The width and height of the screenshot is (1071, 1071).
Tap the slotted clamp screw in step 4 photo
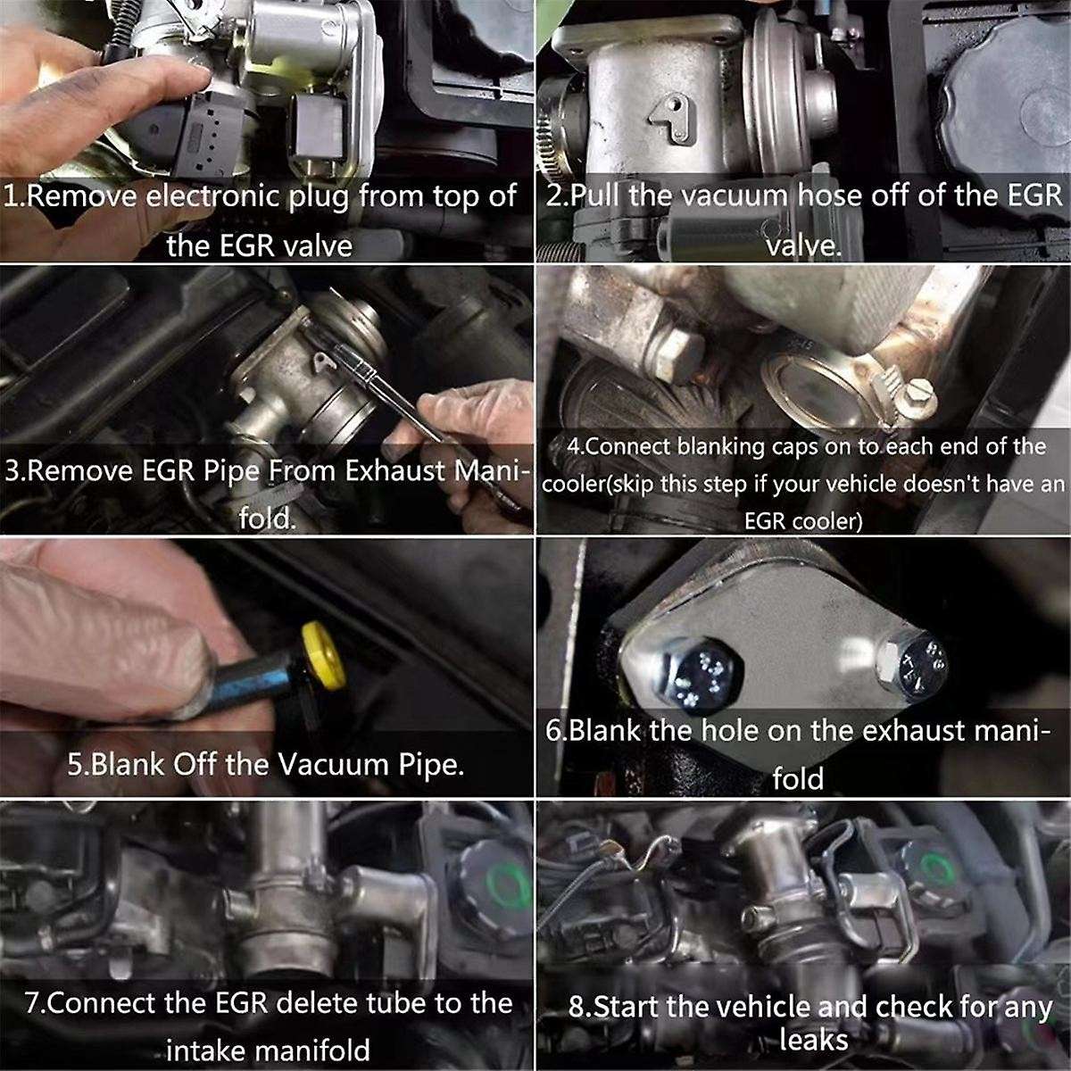(x=917, y=398)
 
